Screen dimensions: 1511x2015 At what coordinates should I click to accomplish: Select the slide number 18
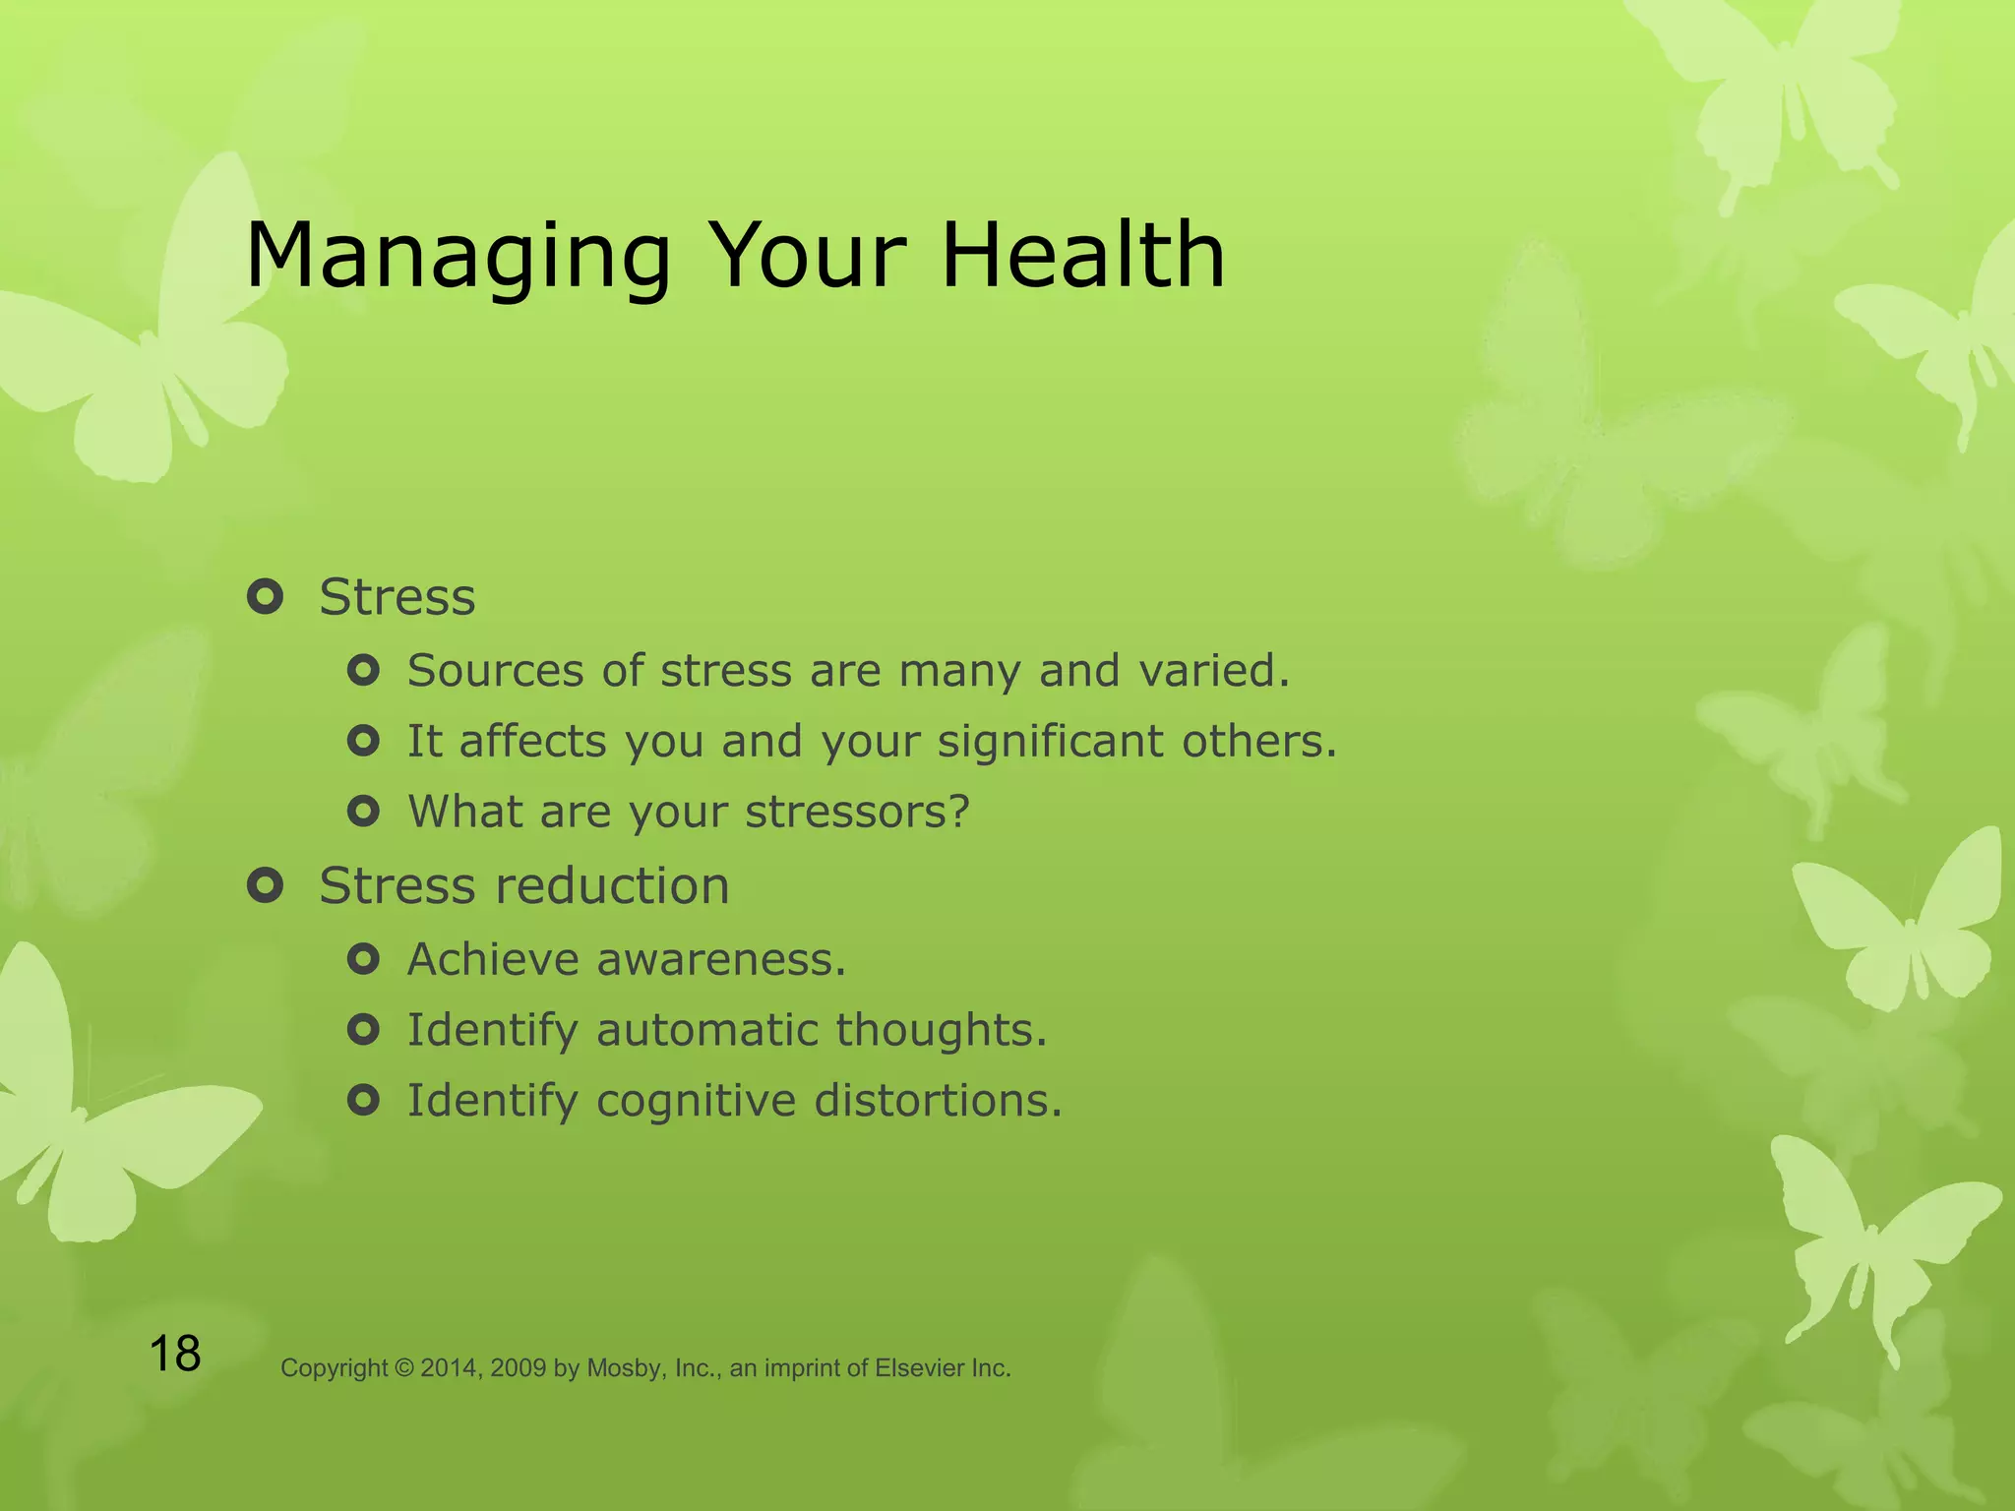[175, 1354]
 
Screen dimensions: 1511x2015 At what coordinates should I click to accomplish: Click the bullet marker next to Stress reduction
[266, 885]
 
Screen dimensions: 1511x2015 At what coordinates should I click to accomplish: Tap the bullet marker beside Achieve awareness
[363, 959]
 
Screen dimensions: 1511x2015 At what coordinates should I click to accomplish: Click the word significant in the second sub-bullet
[1050, 742]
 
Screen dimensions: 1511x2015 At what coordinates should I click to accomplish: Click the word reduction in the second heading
[611, 885]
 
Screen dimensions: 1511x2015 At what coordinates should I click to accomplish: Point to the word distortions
[938, 1101]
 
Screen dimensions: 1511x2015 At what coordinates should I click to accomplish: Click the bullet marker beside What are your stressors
[363, 812]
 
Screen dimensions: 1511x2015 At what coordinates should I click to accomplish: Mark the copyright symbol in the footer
[404, 1368]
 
